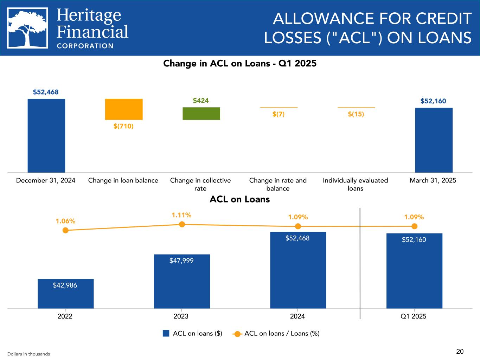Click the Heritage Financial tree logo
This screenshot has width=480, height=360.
click(x=27, y=28)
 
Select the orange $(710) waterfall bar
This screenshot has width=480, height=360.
click(x=124, y=109)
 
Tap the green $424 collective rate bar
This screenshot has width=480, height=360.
click(x=201, y=114)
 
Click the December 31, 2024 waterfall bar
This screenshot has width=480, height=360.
click(x=46, y=135)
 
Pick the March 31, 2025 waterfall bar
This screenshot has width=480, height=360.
click(x=434, y=140)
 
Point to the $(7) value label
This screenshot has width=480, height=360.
click(x=279, y=114)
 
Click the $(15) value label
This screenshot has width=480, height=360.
click(x=356, y=114)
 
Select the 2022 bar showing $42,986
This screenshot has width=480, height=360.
click(x=65, y=294)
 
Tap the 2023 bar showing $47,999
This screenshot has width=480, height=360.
click(x=182, y=281)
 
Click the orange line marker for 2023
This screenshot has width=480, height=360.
click(x=182, y=224)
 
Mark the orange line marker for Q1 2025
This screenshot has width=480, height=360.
click(x=414, y=226)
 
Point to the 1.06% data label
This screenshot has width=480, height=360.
click(x=65, y=221)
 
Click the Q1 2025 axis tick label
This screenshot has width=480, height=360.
click(x=414, y=316)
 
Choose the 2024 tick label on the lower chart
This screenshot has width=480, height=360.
click(x=297, y=316)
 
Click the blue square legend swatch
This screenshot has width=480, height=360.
click(x=166, y=333)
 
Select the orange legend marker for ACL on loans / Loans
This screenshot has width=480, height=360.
click(x=238, y=334)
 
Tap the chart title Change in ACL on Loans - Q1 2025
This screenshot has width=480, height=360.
click(x=240, y=64)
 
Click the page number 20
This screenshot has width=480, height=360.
click(x=460, y=351)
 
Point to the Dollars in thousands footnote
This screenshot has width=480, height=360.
click(x=28, y=354)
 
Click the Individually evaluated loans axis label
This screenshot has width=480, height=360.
click(x=355, y=184)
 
